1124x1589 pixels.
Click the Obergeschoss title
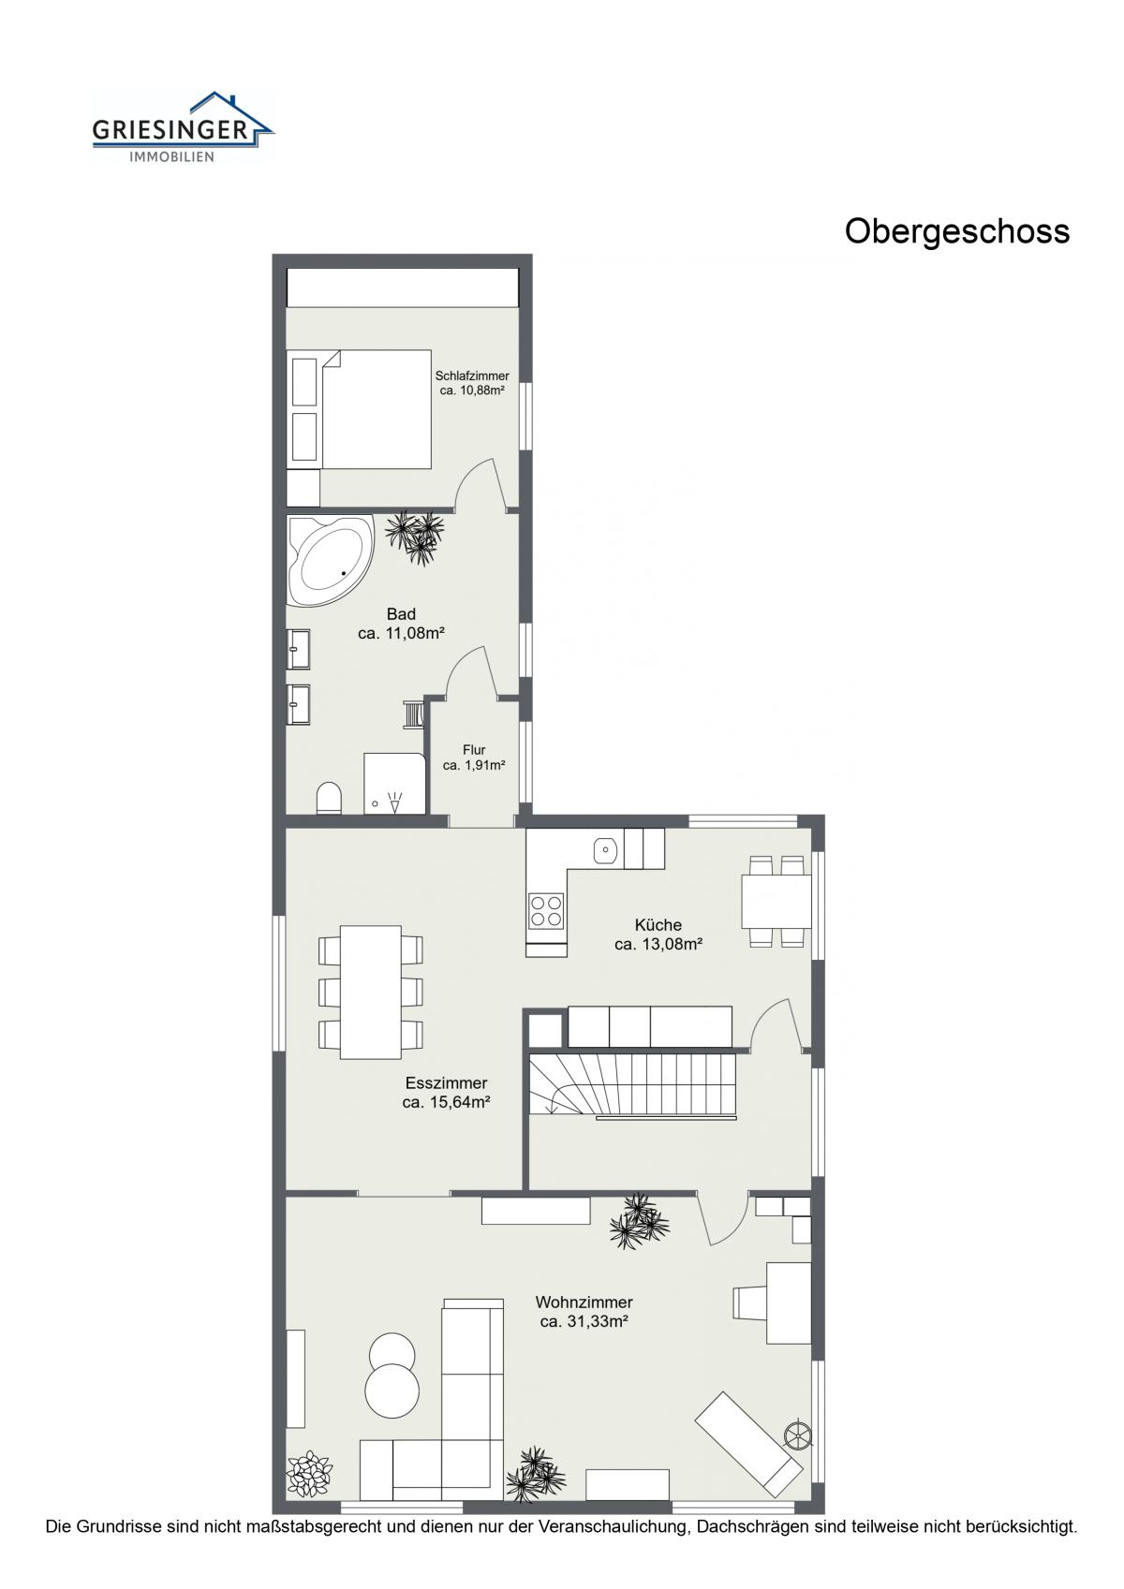[956, 232]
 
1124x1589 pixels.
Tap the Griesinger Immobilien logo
[183, 126]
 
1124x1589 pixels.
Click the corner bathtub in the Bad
[330, 560]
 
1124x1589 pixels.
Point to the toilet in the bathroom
[329, 798]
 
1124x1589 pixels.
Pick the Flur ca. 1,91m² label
[474, 757]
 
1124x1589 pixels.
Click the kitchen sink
[605, 848]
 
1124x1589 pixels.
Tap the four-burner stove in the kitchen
[546, 911]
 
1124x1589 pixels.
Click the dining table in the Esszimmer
[370, 992]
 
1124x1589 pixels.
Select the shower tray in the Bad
[394, 783]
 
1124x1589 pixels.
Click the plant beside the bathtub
[416, 537]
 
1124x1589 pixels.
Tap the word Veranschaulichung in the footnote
[614, 1540]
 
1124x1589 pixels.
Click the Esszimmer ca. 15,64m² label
[447, 1093]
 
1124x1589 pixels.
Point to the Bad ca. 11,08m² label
[401, 624]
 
